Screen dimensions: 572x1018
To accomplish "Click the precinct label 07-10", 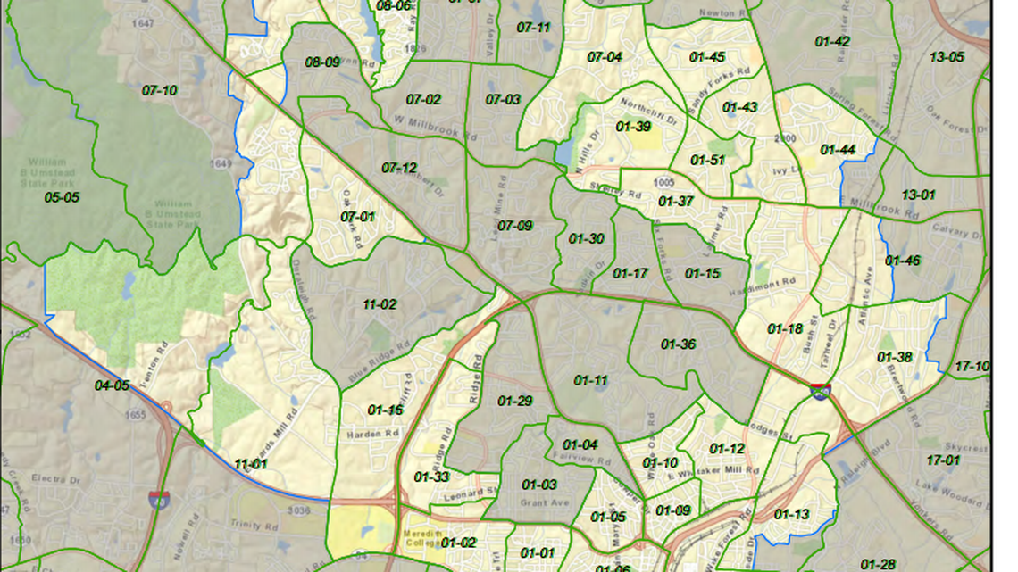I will coord(159,90).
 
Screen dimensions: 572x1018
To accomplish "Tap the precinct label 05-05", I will coord(62,197).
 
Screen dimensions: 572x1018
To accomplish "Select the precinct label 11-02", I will coord(380,304).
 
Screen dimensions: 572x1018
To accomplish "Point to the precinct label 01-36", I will coord(678,344).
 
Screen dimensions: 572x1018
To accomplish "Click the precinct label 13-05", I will coord(947,57).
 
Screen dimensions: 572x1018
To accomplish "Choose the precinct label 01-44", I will coord(838,150).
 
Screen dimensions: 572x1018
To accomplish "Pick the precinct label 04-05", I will coord(112,385).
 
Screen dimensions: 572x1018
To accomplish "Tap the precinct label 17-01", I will coord(943,460).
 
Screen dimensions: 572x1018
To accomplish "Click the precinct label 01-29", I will coord(514,402).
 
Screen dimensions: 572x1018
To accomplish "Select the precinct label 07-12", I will coord(399,168).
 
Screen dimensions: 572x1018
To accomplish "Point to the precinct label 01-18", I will coord(785,329).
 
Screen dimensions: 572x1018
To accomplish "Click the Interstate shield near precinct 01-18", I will coord(820,390).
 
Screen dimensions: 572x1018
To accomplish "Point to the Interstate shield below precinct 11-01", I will coord(160,499).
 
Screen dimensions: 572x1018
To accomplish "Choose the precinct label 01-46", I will coord(902,261).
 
